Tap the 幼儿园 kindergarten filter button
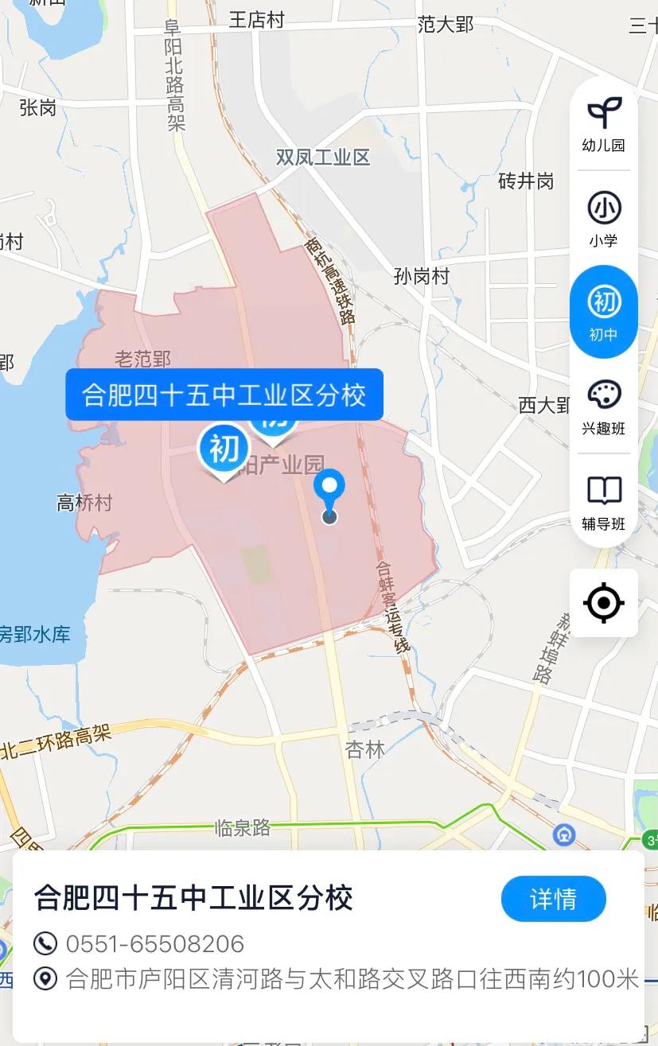point(603,124)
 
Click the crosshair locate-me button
point(603,603)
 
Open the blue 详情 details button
point(553,899)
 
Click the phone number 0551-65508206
point(154,944)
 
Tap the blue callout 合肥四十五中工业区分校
point(224,395)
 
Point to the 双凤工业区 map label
point(323,157)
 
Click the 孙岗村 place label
point(421,276)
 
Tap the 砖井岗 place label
point(525,181)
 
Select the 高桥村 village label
point(84,503)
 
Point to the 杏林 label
point(365,749)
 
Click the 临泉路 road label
point(243,828)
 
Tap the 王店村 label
point(256,20)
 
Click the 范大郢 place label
point(445,25)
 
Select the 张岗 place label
point(37,107)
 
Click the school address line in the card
point(352,979)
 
